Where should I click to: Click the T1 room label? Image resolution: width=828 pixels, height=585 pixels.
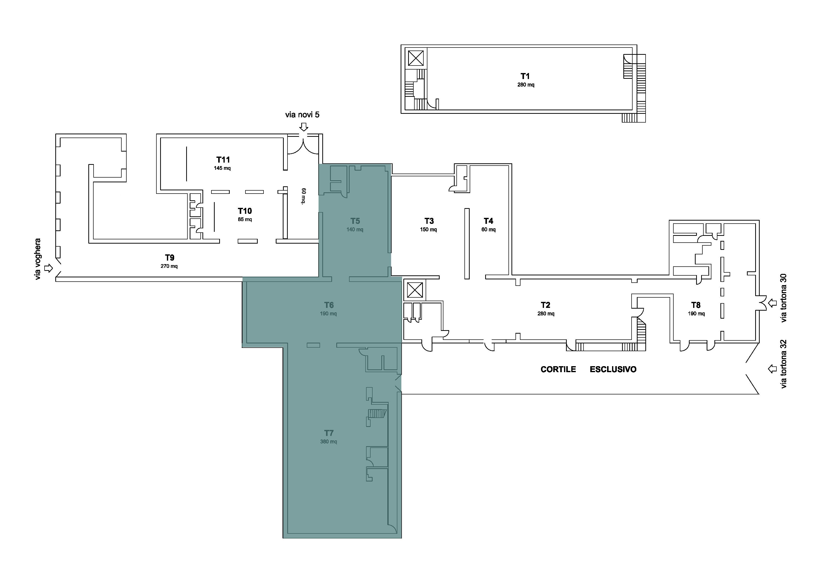pyautogui.click(x=525, y=76)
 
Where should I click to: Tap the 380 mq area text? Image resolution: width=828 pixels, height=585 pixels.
pyautogui.click(x=329, y=441)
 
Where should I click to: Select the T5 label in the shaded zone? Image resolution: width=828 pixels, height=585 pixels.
pyautogui.click(x=355, y=221)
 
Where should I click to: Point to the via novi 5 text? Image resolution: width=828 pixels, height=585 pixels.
pyautogui.click(x=302, y=115)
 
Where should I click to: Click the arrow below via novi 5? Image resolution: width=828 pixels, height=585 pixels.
pyautogui.click(x=304, y=127)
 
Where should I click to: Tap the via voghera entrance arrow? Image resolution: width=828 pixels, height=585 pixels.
pyautogui.click(x=48, y=268)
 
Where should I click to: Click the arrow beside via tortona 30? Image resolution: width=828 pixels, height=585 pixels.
pyautogui.click(x=772, y=303)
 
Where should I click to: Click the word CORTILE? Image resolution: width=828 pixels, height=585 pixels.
pyautogui.click(x=558, y=369)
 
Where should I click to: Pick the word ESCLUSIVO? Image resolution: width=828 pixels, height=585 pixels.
pyautogui.click(x=613, y=369)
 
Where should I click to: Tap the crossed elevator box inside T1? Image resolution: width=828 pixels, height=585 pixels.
pyautogui.click(x=416, y=58)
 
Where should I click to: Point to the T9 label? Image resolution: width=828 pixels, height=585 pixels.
pyautogui.click(x=169, y=258)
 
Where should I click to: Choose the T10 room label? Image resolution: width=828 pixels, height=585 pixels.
pyautogui.click(x=245, y=211)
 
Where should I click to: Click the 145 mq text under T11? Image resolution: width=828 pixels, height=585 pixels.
pyautogui.click(x=222, y=168)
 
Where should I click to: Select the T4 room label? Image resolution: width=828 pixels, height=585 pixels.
pyautogui.click(x=488, y=221)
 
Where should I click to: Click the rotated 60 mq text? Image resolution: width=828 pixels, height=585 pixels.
pyautogui.click(x=304, y=196)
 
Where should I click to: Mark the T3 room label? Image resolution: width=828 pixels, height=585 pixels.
pyautogui.click(x=429, y=221)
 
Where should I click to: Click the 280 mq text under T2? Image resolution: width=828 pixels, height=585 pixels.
pyautogui.click(x=546, y=314)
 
